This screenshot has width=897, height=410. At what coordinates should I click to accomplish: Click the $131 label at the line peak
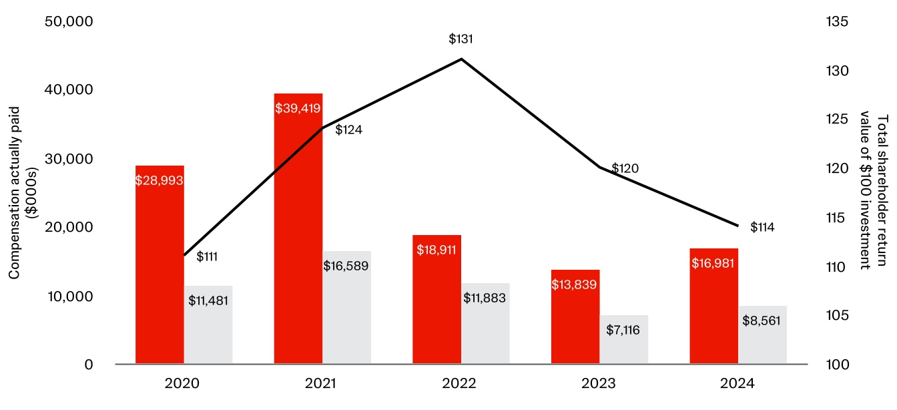point(461,39)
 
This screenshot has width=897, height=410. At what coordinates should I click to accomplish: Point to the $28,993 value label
point(160,180)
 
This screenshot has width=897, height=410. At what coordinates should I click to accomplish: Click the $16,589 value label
point(346,266)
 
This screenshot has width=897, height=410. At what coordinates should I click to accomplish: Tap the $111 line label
point(208,256)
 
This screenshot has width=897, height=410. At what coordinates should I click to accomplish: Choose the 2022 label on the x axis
point(460,384)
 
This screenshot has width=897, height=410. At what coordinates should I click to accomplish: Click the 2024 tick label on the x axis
point(737,384)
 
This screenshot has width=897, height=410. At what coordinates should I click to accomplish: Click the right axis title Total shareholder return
point(882,192)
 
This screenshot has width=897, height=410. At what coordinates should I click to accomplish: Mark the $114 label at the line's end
point(762,228)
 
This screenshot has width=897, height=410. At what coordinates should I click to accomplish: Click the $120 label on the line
point(626,168)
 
